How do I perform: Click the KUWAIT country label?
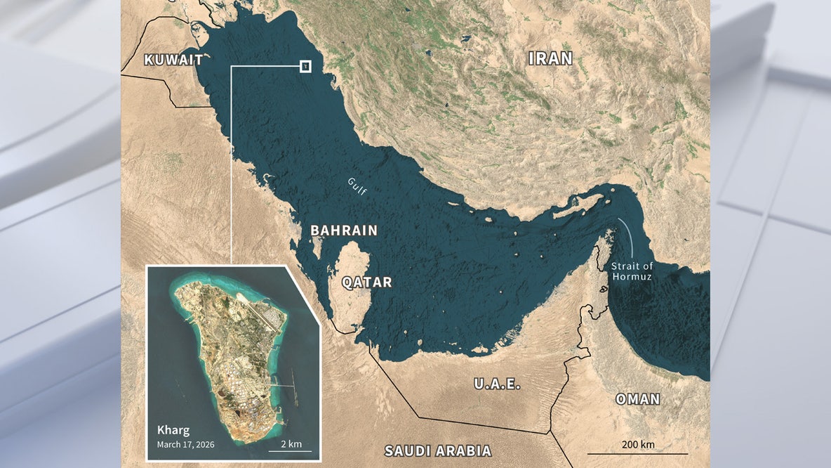point(173,60)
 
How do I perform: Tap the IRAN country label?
point(550,59)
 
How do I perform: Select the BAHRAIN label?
point(344,230)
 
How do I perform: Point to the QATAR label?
point(366,282)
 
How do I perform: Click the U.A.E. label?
point(496,384)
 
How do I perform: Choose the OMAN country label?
point(637,399)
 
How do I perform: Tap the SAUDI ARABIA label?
point(438,451)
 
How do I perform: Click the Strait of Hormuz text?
point(632,271)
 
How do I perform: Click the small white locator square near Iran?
point(305,66)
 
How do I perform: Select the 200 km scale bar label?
point(637,444)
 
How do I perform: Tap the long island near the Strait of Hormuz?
point(576,206)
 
